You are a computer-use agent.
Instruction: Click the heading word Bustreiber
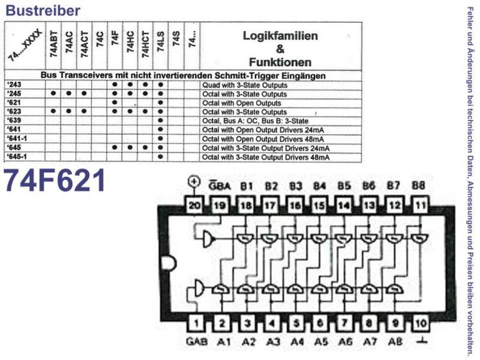point(43,10)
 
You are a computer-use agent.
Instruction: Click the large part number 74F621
point(55,181)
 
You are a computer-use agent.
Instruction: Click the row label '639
point(14,121)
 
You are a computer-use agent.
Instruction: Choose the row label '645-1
point(17,157)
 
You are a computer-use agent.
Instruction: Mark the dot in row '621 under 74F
point(115,103)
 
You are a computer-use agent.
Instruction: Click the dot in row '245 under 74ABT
point(53,94)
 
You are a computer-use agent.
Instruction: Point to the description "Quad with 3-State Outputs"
point(245,85)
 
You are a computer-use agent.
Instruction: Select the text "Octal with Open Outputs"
point(242,103)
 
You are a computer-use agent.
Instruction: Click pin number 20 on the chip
point(194,205)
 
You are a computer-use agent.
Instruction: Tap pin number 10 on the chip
point(421,323)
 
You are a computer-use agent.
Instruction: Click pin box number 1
point(196,323)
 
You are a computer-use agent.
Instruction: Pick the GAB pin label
point(197,341)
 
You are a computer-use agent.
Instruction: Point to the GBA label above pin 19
point(220,185)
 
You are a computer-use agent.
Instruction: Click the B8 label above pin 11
point(418,185)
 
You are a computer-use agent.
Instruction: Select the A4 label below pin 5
point(297,341)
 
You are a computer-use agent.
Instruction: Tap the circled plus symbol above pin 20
point(194,182)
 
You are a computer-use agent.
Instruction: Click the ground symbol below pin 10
point(421,340)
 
